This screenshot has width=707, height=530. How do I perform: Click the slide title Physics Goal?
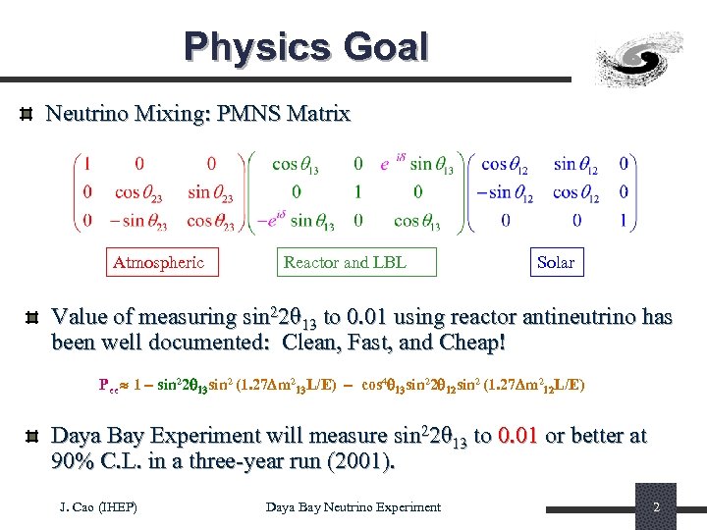pos(306,47)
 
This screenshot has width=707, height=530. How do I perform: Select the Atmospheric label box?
pos(160,262)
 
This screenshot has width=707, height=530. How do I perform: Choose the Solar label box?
pos(556,262)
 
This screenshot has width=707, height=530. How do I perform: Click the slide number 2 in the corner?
pos(656,507)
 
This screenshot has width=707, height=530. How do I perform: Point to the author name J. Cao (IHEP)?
pos(98,507)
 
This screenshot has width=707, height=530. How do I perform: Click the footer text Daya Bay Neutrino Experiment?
pos(353,507)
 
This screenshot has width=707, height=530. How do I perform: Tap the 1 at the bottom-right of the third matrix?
pos(623,221)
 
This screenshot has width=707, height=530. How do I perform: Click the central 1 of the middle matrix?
pos(357,192)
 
